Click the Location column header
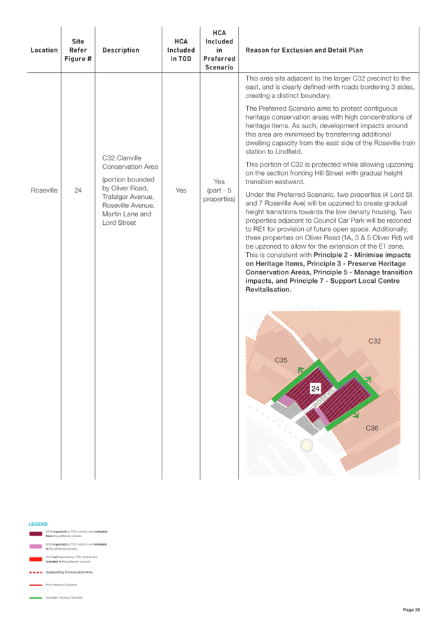(44, 50)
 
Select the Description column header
(120, 50)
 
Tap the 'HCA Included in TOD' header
(181, 50)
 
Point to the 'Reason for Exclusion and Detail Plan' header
(305, 50)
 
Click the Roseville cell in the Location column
(43, 190)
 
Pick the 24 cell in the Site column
(78, 190)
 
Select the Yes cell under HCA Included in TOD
(181, 190)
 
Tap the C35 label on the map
(281, 360)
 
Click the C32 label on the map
(375, 341)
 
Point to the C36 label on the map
(372, 428)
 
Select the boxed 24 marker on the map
(316, 388)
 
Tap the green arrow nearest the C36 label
(357, 412)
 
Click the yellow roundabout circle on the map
(306, 445)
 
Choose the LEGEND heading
(37, 523)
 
